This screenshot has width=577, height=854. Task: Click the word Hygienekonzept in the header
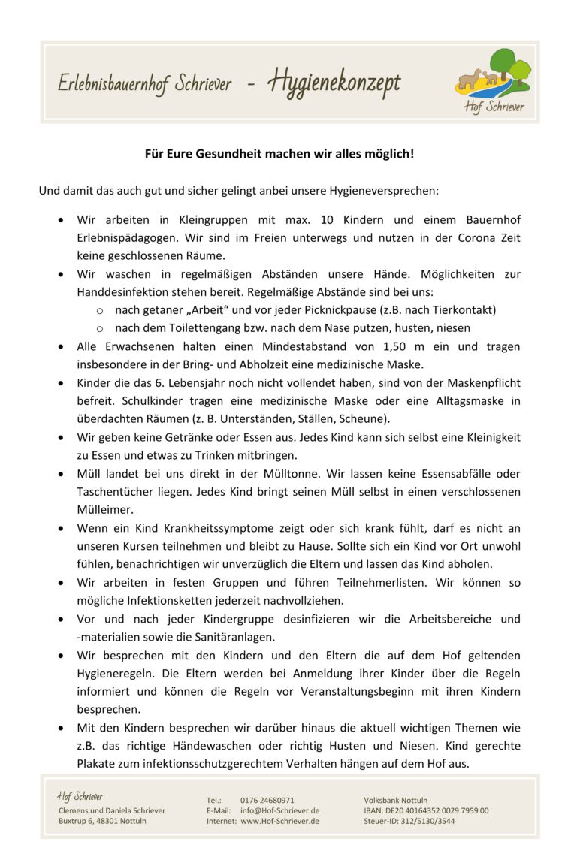334,83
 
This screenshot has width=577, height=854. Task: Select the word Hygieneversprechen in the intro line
385,191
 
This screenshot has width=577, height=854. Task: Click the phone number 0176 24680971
267,801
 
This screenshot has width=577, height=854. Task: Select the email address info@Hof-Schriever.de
280,811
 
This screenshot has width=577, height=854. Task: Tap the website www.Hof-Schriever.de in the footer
280,822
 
